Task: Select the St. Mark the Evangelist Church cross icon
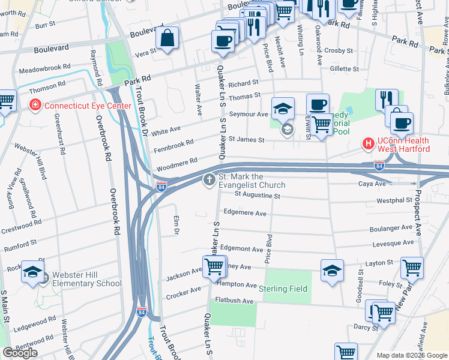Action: pos(209,180)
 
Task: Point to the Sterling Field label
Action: pos(283,289)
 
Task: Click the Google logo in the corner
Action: pos(20,353)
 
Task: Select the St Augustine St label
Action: pos(258,195)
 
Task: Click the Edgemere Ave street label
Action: pos(244,212)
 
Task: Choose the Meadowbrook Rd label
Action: pos(44,69)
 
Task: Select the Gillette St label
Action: pos(344,69)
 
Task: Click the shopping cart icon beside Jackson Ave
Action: pos(214,267)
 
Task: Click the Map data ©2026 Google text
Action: pos(411,355)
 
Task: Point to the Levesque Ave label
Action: pos(393,242)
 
